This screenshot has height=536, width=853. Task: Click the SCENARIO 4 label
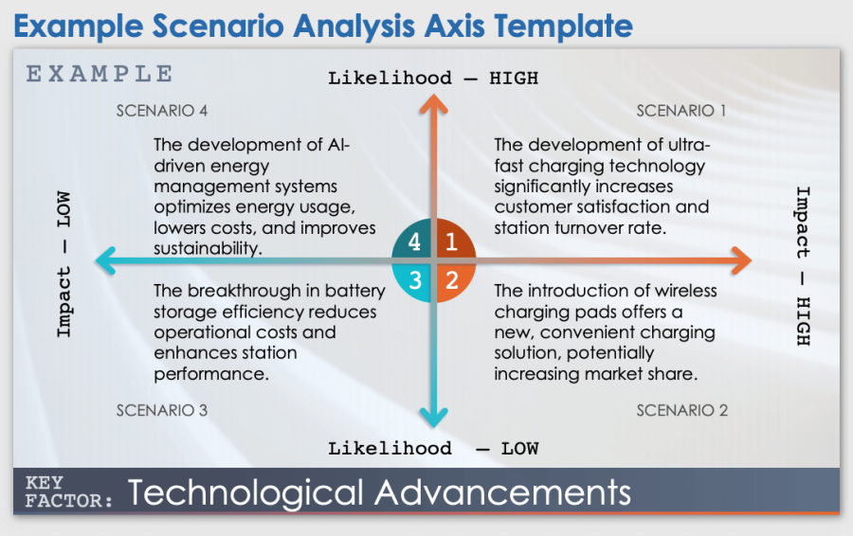[161, 111]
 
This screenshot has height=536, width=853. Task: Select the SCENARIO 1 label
[681, 111]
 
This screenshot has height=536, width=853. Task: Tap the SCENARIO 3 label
[161, 410]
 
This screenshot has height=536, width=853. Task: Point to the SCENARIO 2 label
[681, 410]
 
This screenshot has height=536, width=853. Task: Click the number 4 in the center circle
[414, 241]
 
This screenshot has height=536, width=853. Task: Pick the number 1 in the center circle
[451, 241]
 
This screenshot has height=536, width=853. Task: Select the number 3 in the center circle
[415, 280]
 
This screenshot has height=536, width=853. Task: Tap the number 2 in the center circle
[452, 280]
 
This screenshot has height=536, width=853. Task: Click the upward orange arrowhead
[433, 103]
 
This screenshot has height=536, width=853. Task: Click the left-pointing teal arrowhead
[105, 260]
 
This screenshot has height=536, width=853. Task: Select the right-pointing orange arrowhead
[742, 260]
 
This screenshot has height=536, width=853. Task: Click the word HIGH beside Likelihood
[514, 79]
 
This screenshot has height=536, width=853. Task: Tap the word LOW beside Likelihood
[519, 449]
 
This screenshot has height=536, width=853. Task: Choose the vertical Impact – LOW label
[64, 264]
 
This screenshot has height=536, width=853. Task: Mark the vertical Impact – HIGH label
[803, 266]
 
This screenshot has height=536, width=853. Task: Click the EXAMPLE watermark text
[100, 74]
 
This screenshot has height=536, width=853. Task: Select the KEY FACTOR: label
[68, 491]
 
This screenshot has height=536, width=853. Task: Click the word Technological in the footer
[245, 493]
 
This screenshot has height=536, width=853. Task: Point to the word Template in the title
[563, 26]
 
